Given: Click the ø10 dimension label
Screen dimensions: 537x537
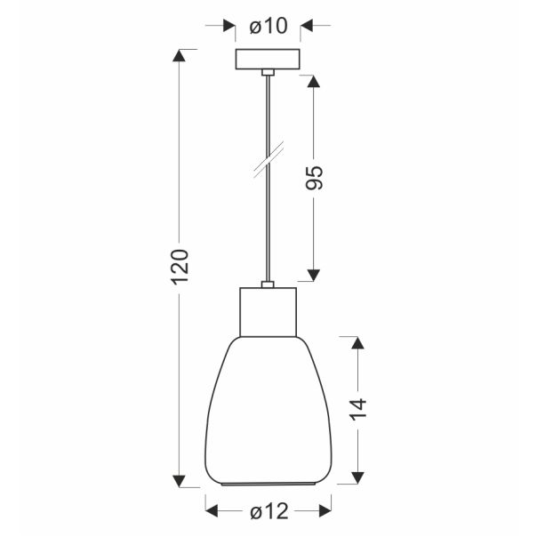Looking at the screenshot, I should point(268,27).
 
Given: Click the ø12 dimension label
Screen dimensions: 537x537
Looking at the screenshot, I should point(268,511).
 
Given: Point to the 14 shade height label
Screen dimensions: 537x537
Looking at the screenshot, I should point(357,410).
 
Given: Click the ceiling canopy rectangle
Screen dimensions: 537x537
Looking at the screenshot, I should point(268,59).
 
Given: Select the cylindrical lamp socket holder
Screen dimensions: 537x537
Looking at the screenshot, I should point(268,312).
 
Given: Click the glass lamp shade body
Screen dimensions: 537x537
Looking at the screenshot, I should point(268,409).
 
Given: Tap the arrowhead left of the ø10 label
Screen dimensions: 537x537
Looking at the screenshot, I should point(228,27).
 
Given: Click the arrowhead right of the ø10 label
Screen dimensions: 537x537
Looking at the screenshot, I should point(308,27).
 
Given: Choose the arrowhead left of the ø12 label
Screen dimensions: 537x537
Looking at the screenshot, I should point(214,511).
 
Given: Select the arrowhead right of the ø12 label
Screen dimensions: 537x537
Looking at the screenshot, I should point(322,511).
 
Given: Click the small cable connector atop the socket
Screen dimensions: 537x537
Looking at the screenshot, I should point(268,285).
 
